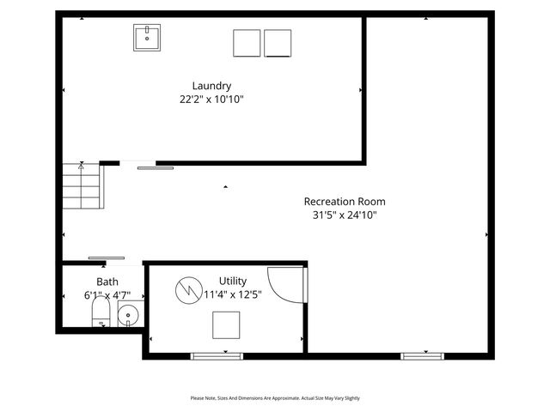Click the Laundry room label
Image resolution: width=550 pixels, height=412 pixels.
tap(211, 86)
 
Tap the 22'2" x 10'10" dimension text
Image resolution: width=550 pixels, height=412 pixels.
tap(211, 100)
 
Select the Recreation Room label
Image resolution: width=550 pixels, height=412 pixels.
tap(345, 202)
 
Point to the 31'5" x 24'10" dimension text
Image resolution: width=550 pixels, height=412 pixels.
tap(345, 215)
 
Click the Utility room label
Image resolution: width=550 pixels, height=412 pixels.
tap(233, 281)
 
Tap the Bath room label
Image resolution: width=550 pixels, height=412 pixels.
tap(107, 282)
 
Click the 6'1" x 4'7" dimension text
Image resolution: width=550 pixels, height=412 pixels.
tap(107, 295)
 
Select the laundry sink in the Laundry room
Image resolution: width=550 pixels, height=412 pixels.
tap(147, 38)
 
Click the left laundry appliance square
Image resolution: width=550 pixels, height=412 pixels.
tap(247, 43)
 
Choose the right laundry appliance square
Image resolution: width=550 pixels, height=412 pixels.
tap(278, 43)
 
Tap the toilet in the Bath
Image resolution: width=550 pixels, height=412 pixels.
tap(101, 313)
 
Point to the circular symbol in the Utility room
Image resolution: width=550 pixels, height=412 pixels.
tap(186, 289)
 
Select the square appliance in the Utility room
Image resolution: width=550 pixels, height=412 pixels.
tap(227, 325)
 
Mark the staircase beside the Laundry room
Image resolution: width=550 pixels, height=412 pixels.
tap(82, 187)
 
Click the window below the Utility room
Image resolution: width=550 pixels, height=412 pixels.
tap(217, 355)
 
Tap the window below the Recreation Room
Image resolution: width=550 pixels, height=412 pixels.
tap(420, 355)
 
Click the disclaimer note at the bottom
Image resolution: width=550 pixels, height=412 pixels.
tap(275, 398)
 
